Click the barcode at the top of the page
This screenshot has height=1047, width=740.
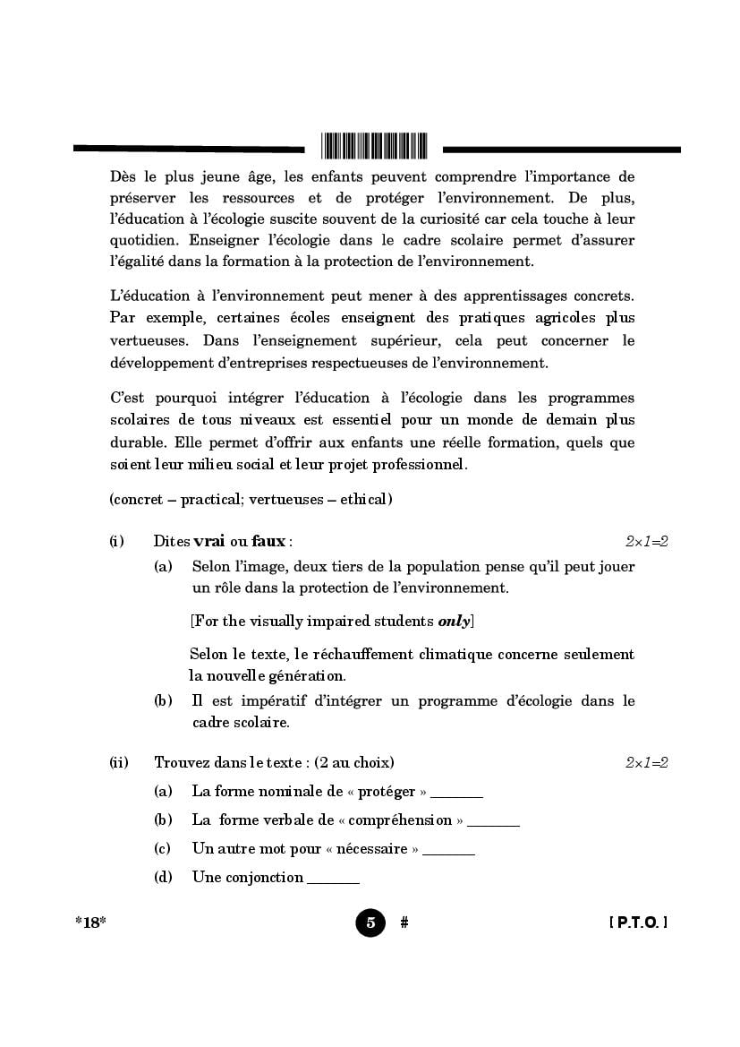pyautogui.click(x=374, y=145)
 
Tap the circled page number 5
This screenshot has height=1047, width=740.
pyautogui.click(x=370, y=923)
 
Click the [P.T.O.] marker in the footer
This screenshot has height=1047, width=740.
pyautogui.click(x=638, y=923)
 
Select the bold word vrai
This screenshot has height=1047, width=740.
pyautogui.click(x=208, y=541)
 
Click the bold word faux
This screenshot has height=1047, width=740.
pyautogui.click(x=268, y=541)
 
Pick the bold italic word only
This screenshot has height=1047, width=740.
pyautogui.click(x=454, y=622)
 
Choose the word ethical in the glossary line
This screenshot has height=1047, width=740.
pyautogui.click(x=364, y=499)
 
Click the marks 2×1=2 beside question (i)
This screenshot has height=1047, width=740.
pyautogui.click(x=647, y=542)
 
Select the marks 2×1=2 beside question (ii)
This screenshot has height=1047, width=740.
pyautogui.click(x=647, y=763)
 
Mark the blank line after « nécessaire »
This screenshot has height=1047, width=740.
pyautogui.click(x=448, y=851)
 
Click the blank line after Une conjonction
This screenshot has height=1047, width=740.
pyautogui.click(x=333, y=880)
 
